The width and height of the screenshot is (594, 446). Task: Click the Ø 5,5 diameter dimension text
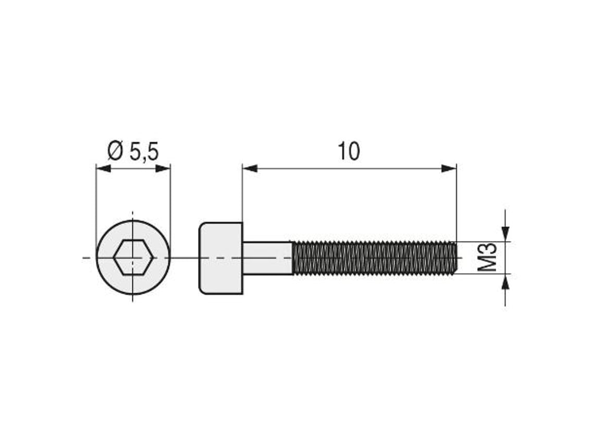(x=133, y=152)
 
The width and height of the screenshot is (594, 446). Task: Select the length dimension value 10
(x=349, y=152)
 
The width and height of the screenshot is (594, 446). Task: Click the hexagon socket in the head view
(x=133, y=257)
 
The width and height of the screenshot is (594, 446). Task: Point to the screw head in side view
(x=221, y=258)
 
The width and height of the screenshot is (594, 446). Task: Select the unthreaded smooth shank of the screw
(x=267, y=258)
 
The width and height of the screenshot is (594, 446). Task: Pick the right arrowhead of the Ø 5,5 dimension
(x=163, y=168)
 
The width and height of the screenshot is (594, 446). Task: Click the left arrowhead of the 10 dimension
(x=250, y=168)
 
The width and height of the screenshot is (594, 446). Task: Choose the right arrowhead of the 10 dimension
(x=449, y=168)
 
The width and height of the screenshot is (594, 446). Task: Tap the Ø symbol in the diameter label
(x=115, y=152)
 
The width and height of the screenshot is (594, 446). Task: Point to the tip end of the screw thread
(x=456, y=258)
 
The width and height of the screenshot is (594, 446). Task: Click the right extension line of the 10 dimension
(x=456, y=203)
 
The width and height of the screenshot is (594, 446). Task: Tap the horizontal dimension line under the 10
(x=349, y=168)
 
